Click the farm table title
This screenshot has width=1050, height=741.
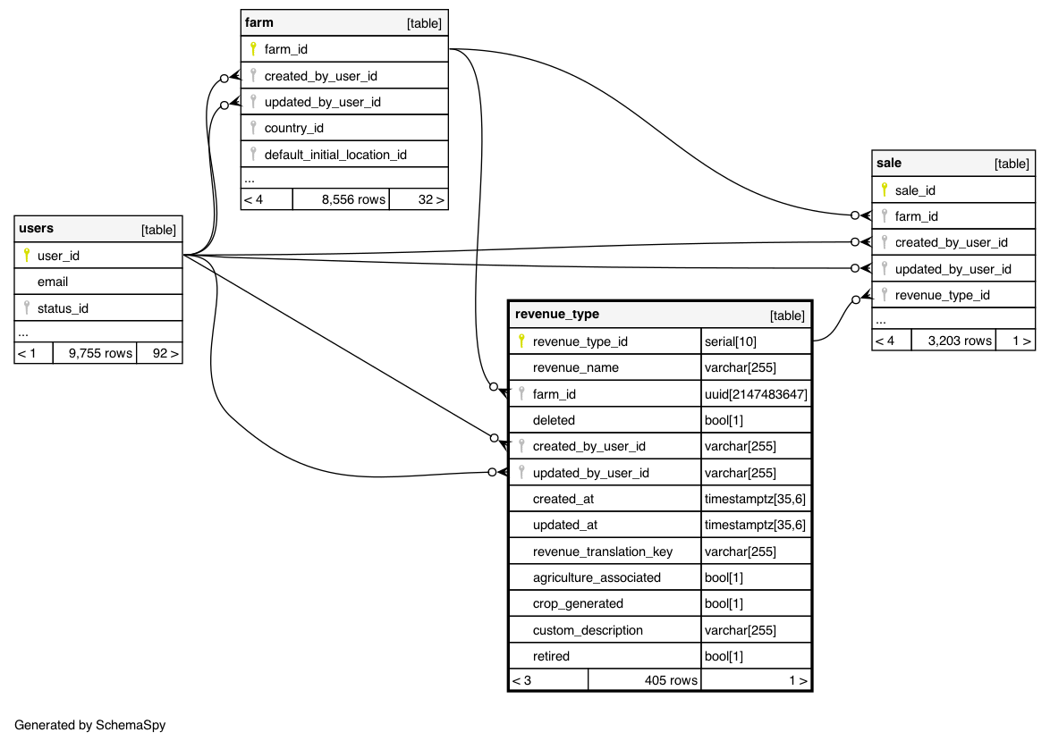259,22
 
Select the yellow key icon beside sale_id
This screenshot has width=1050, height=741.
885,189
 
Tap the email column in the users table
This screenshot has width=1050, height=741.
53,282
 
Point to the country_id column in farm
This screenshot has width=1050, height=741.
293,128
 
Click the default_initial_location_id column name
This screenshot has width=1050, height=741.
335,155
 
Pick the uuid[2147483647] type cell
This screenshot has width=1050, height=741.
756,394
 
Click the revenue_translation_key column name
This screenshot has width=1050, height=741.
602,552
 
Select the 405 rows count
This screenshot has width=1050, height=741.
671,680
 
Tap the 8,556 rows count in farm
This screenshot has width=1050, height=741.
353,199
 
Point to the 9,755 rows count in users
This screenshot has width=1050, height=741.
100,353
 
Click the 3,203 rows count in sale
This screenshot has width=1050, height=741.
960,340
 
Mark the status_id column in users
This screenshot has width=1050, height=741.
63,308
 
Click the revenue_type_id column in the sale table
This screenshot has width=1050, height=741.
942,295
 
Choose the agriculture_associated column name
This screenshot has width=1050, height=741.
597,577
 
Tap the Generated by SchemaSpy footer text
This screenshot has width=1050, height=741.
90,725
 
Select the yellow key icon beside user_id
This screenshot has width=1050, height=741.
27,256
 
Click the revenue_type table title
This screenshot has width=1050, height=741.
557,315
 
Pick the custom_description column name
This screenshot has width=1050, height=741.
588,630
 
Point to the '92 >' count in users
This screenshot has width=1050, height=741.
165,353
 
